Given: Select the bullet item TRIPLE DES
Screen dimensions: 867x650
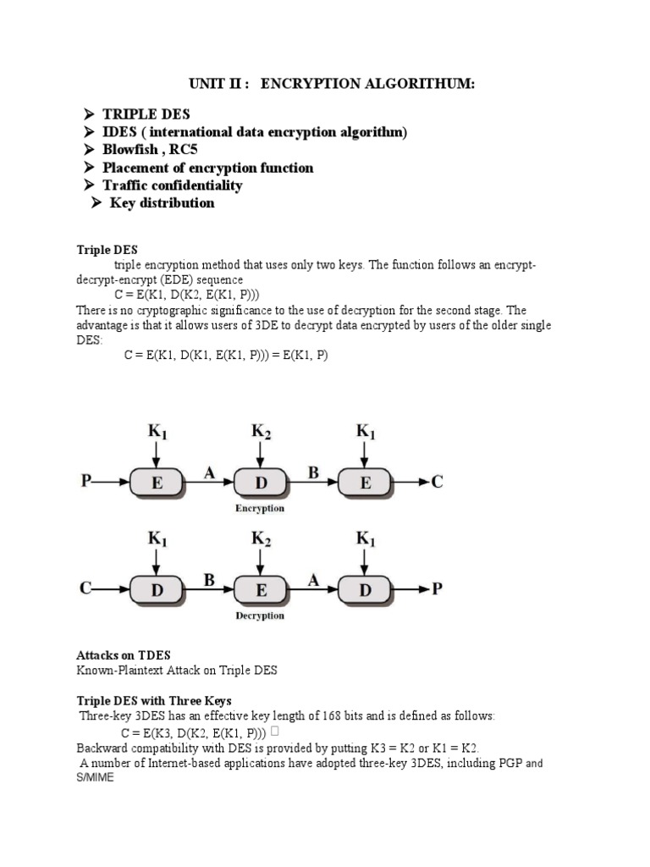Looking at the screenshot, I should pos(146,114).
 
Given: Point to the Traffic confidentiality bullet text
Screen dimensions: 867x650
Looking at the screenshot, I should pos(172,185).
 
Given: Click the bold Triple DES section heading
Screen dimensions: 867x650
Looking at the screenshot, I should pos(107,250).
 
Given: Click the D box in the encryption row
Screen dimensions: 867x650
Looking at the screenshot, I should pos(260,483).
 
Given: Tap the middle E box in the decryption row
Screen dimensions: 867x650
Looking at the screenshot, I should pos(260,590).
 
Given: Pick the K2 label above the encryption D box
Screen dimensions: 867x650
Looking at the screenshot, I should pos(261,432).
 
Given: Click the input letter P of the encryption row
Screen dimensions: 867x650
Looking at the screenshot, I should pos(85,482).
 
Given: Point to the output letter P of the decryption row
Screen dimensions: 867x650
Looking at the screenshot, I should pos(437,589).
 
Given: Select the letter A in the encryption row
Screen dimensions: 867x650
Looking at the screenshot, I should pos(208,474).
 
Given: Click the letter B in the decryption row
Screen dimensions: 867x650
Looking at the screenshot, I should pos(208,581).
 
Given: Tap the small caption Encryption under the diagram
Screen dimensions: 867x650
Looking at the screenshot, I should pos(260,509).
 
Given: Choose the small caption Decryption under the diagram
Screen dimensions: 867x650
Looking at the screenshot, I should pos(260,616).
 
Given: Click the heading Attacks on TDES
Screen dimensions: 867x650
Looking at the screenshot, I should pos(124,655).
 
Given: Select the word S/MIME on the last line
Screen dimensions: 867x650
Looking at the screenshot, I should pos(99,778).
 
